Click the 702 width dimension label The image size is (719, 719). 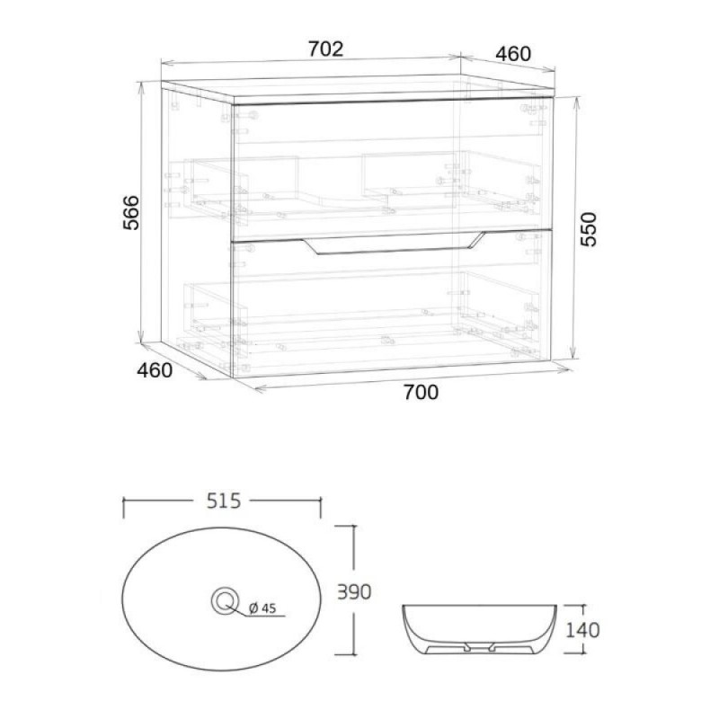[x=325, y=49]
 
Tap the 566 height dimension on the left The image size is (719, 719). [x=130, y=212]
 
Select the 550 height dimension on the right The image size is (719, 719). [x=589, y=229]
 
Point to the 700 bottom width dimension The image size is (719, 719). [x=421, y=392]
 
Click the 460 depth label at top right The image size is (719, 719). [x=513, y=54]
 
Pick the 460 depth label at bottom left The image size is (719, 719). [x=155, y=370]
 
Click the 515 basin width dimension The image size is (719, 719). [x=223, y=501]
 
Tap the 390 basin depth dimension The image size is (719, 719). [x=354, y=592]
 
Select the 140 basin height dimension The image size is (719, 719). [x=582, y=630]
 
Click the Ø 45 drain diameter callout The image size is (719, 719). [x=262, y=608]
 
